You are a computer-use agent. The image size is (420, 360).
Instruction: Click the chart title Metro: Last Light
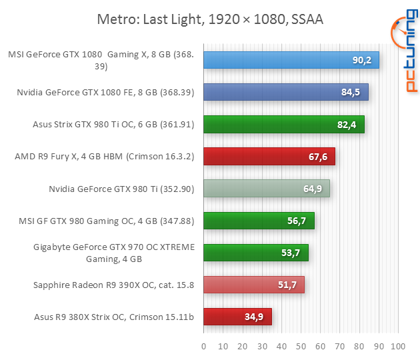pos(210,19)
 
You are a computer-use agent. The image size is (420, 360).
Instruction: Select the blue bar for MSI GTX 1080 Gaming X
pos(291,61)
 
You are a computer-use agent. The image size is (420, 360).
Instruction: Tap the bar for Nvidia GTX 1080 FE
pos(285,93)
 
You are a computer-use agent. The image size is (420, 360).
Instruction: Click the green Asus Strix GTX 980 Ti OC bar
pos(283,125)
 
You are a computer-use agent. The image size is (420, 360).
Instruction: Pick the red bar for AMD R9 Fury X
pos(269,157)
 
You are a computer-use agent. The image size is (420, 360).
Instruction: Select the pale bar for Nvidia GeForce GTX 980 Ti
pos(266,189)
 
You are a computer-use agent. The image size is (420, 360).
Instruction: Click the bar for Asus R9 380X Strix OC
pos(237,317)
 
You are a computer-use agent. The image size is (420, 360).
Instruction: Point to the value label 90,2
pos(362,61)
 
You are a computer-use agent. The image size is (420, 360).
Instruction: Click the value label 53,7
pos(291,253)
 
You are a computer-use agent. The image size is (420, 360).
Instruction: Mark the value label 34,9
pos(255,317)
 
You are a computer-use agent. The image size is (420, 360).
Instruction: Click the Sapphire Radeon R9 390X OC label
pos(113,285)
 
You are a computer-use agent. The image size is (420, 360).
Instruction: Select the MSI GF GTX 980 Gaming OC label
pos(108,221)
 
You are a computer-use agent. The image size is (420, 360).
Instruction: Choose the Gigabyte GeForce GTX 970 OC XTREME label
pos(114,253)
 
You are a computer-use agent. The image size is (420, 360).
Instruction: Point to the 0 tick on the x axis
pos(203,347)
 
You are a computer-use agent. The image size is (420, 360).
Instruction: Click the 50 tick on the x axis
pos(301,347)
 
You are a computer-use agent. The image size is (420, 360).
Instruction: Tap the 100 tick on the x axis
pos(398,347)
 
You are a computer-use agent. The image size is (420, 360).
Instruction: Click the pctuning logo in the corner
pos(402,53)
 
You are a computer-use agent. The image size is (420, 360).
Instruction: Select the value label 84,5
pos(351,93)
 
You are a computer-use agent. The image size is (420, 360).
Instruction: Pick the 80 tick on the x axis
pos(359,347)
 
